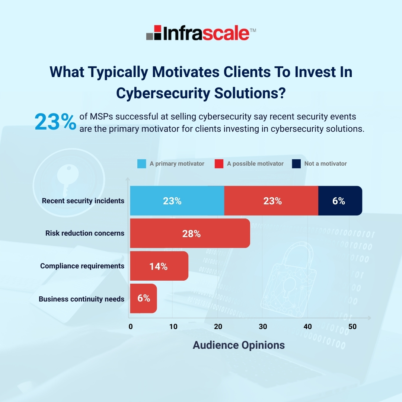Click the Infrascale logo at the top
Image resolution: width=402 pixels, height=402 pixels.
tap(201, 32)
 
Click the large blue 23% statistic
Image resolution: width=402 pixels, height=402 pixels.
tap(55, 122)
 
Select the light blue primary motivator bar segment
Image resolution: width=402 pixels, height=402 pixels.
tap(177, 201)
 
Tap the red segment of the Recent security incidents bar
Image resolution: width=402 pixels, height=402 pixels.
tap(271, 201)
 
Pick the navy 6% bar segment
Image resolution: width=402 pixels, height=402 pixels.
tap(340, 201)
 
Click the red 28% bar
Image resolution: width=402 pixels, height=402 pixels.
tap(190, 234)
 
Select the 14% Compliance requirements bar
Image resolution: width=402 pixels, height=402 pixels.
tap(159, 267)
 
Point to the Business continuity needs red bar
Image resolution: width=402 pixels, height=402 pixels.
tap(143, 299)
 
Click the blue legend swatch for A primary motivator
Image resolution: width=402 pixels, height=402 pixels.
tap(142, 164)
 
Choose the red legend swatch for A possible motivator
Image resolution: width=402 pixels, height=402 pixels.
tap(219, 164)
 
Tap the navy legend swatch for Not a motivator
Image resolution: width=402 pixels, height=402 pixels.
tap(296, 164)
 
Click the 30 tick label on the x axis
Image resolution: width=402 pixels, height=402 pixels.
tap(262, 327)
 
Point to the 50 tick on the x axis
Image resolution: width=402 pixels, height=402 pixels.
tap(352, 327)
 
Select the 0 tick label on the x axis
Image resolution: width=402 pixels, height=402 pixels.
tap(131, 327)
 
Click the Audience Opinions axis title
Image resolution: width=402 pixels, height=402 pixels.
tap(239, 345)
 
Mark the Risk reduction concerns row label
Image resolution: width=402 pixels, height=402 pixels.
tap(85, 233)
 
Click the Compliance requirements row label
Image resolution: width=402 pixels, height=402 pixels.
tap(82, 266)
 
